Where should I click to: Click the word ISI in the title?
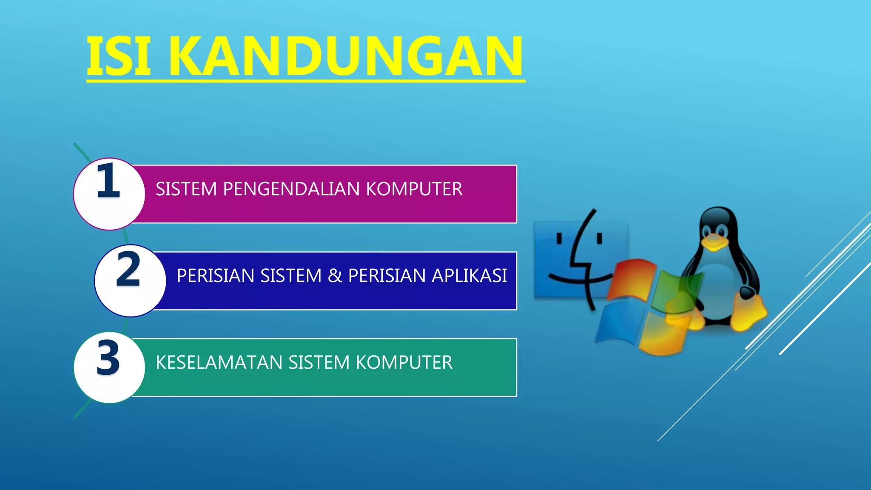119,56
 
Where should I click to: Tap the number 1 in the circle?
108,181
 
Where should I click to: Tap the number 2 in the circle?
128,269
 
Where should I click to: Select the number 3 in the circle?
108,359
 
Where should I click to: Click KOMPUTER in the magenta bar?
414,189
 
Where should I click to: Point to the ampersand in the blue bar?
335,276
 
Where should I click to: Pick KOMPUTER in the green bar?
404,363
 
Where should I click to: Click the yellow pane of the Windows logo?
663,334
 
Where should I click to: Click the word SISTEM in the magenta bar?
186,189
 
